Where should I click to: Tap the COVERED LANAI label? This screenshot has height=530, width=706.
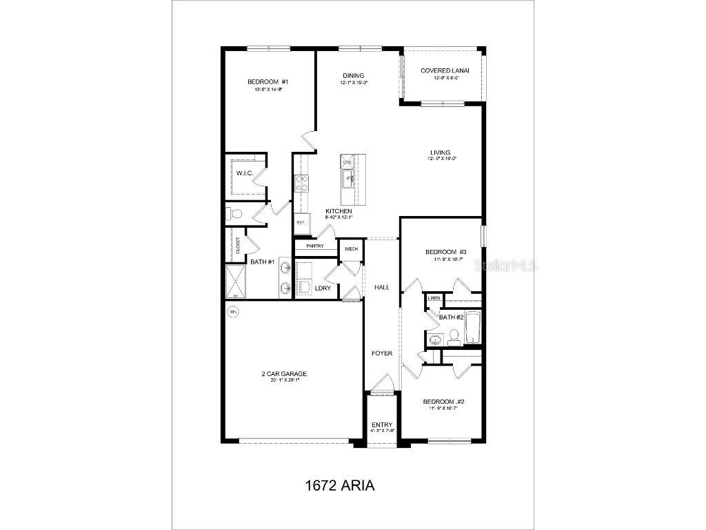click(445, 70)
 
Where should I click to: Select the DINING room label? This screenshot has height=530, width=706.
click(353, 76)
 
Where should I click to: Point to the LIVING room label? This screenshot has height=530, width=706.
click(440, 153)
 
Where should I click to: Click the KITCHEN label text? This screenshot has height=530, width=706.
click(339, 211)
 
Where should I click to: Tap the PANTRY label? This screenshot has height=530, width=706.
click(314, 246)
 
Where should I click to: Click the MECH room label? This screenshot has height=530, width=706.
click(351, 249)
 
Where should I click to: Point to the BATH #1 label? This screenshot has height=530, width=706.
click(263, 262)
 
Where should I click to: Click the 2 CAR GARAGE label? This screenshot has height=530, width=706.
click(284, 374)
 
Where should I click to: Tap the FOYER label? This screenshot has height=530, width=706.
click(382, 353)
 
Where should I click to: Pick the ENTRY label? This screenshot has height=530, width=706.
click(381, 424)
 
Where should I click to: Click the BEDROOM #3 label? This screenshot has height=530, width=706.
click(446, 252)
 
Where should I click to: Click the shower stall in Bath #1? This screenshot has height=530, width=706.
click(235, 282)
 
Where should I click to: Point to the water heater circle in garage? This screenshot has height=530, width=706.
click(233, 312)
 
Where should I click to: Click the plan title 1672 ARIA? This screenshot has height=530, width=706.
click(339, 485)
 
